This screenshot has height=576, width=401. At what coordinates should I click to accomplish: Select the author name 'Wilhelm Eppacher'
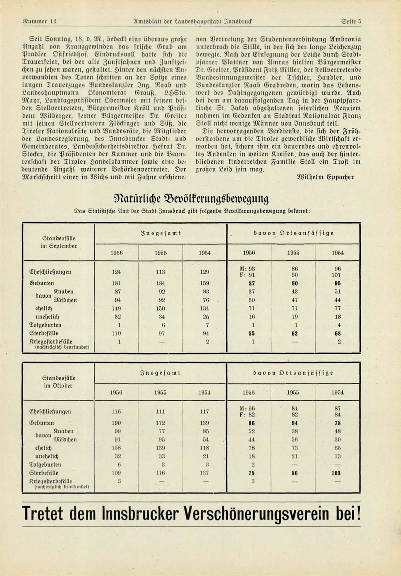[325, 177]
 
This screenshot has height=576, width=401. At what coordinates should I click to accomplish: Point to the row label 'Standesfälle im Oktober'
[59, 382]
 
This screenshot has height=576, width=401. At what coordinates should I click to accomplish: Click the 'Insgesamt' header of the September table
[160, 233]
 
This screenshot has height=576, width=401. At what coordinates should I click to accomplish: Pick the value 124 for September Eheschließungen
[117, 272]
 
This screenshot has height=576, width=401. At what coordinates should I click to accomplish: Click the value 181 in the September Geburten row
[117, 283]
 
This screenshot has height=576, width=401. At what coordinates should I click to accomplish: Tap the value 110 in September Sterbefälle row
[117, 333]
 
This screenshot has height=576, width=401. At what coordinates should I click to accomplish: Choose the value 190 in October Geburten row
[117, 423]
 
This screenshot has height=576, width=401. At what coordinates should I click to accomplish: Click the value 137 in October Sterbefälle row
[204, 473]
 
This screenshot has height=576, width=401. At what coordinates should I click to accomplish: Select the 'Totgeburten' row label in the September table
[46, 325]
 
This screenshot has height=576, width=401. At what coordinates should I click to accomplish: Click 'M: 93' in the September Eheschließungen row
[247, 269]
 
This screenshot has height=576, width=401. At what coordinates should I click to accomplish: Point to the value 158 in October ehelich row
[117, 448]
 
